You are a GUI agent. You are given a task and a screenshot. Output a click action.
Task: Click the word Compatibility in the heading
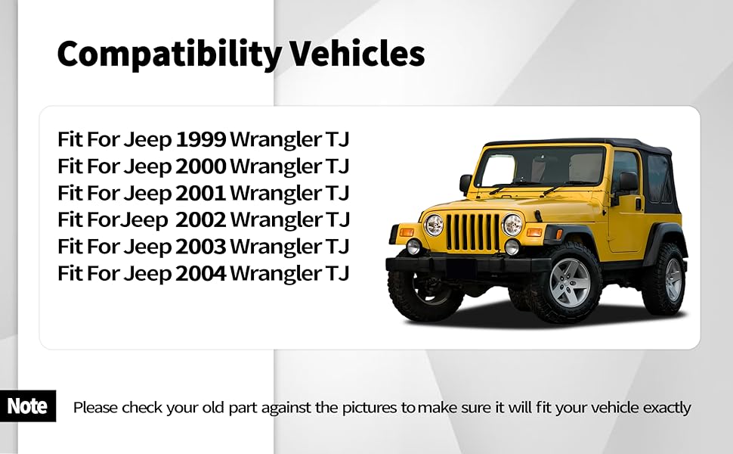coord(169,54)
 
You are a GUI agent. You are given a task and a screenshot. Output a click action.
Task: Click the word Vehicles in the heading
coord(357,54)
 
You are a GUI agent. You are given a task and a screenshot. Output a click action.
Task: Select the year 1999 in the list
coord(201,139)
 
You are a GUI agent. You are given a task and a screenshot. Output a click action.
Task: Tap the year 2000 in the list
coord(201,166)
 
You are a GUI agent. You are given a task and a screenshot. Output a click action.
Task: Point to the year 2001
coord(201,193)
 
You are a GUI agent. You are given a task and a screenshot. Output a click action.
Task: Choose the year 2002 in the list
coord(201,219)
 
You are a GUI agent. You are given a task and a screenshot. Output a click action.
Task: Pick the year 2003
coord(201,247)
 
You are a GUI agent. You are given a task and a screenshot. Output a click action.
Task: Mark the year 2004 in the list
coord(201,273)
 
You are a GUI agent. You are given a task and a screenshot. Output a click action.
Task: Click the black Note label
coord(27,406)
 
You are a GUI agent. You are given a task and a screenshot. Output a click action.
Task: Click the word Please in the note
coord(95,408)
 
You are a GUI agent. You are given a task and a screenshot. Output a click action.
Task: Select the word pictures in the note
coord(370,408)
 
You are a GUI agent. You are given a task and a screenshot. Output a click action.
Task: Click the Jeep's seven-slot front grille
coord(472,232)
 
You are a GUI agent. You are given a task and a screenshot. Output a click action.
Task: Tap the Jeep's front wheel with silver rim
coord(570,282)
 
